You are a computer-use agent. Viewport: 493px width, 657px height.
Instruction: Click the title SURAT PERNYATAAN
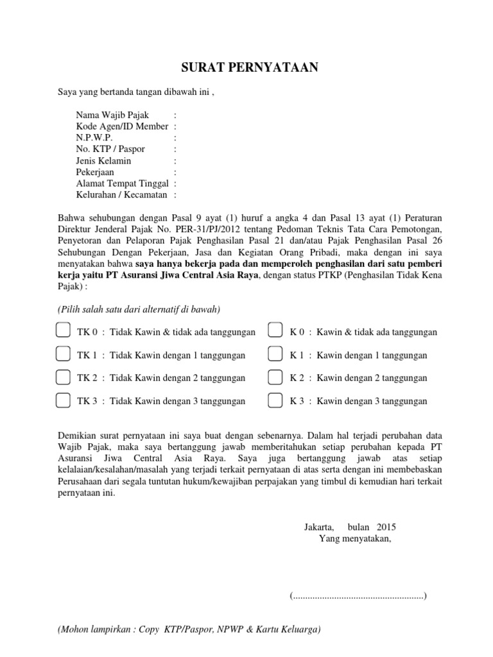tap(247, 68)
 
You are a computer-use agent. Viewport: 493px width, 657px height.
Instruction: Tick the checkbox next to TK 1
tap(63, 354)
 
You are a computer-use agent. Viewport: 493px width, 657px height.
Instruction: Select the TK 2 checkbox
tap(63, 377)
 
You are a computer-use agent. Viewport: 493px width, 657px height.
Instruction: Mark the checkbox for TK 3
tap(63, 400)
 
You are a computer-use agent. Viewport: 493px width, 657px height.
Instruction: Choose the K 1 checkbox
tap(275, 354)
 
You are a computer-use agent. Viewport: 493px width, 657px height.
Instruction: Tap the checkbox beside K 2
tap(275, 377)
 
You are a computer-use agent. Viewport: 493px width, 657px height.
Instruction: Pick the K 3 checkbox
tap(275, 400)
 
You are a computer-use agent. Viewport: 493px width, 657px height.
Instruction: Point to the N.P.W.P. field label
tap(94, 138)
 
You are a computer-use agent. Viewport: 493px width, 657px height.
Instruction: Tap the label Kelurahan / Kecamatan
tap(121, 194)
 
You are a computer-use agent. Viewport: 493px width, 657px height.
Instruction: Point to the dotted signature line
tap(358, 596)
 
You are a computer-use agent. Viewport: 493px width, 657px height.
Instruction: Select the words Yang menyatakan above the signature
tap(354, 538)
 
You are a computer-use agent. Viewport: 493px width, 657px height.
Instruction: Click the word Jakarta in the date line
tap(319, 527)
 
